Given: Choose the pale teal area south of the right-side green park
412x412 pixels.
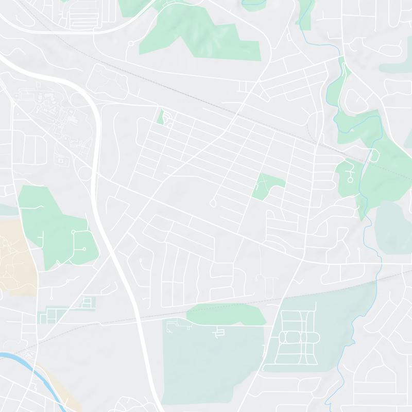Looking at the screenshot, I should [x=394, y=227].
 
